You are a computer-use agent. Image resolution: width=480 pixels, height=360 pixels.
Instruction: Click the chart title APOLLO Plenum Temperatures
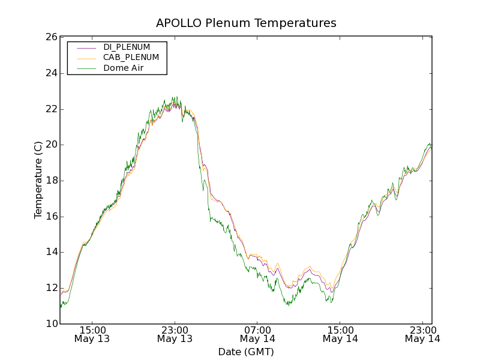click(x=246, y=23)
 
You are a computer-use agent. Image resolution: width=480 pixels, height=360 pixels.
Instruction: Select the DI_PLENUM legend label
click(x=127, y=47)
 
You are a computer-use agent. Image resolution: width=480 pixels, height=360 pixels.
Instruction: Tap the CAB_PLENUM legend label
click(x=131, y=58)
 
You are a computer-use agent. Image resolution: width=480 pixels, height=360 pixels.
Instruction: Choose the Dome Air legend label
click(x=124, y=68)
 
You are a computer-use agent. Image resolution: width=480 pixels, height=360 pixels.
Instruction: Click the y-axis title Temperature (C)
click(x=38, y=180)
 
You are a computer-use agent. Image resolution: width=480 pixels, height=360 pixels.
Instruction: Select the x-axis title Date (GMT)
click(x=246, y=352)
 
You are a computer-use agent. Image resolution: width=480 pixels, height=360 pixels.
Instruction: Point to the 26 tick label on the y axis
click(x=50, y=37)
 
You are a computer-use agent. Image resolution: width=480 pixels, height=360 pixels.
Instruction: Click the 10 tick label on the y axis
click(x=50, y=324)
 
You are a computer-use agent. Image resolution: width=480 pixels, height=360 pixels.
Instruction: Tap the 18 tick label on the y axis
click(x=50, y=181)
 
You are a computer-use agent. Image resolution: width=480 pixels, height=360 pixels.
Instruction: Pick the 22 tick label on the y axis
click(x=50, y=109)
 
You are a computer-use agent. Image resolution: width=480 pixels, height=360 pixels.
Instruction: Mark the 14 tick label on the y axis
click(x=50, y=253)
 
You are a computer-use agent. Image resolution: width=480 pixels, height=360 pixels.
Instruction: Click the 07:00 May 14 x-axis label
click(x=257, y=334)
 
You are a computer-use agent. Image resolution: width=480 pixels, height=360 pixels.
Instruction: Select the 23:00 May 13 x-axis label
click(x=175, y=334)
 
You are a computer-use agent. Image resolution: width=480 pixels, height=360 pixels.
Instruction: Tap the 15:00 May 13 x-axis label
click(x=92, y=334)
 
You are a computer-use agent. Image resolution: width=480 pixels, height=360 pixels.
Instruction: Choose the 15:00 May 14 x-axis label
click(x=340, y=334)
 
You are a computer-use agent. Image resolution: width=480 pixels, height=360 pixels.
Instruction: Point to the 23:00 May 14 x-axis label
click(x=422, y=334)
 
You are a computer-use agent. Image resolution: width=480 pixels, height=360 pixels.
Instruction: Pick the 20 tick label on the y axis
click(x=50, y=145)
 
